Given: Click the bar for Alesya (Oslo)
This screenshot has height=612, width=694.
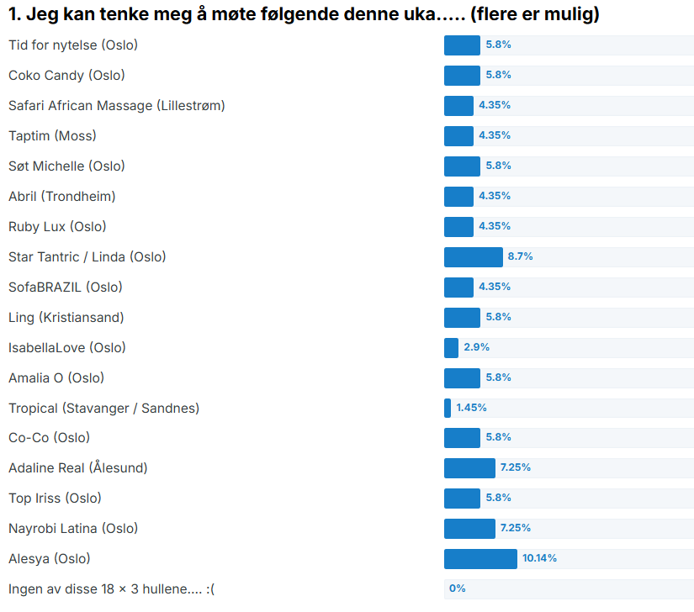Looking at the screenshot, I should coord(480,559).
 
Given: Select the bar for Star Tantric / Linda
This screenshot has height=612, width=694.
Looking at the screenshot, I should coord(473,257).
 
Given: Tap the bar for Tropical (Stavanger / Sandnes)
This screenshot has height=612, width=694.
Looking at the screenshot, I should coord(448,409).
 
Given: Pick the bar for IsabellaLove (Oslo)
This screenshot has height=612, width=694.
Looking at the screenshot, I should coord(451,348).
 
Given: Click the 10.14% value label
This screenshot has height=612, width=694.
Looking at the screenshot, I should coord(539,558).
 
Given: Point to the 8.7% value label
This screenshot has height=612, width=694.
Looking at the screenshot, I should coord(520,256).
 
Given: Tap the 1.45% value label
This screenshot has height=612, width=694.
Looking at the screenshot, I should coord(471,408).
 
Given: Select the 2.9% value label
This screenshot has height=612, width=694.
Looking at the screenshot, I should coord(476,347).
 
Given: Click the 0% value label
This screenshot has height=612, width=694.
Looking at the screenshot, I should coord(457,588).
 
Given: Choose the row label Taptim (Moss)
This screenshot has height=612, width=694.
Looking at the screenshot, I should coord(52,136).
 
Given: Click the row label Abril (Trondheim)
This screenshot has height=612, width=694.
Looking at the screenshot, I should coord(61,197).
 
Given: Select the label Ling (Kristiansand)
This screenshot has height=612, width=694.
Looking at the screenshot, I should coord(66,318).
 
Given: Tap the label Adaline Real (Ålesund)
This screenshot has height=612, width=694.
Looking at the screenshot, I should coord(77,468).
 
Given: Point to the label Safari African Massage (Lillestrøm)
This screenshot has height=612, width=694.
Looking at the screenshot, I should coord(116,106).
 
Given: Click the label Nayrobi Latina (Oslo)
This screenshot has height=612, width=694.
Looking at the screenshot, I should coord(73,529).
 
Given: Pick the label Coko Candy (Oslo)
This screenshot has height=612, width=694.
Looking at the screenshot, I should coord(66,76).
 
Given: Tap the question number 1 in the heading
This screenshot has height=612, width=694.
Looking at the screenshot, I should coord(13,15).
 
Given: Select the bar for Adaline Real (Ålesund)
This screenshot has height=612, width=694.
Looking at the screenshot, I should coord(469,468).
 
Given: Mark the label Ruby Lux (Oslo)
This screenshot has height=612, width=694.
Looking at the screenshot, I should coord(57,227).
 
